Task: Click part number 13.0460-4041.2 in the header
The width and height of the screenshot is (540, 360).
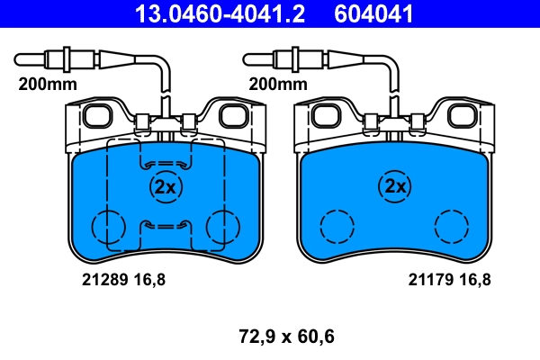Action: click(x=220, y=13)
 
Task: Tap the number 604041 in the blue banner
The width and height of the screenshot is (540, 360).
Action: click(x=373, y=13)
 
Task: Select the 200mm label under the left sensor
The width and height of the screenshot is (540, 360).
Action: click(x=48, y=84)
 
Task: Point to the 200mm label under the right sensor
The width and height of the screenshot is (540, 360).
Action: click(x=278, y=84)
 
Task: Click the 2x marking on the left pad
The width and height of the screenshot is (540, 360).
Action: click(x=166, y=187)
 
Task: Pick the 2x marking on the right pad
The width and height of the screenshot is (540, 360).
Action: click(x=395, y=186)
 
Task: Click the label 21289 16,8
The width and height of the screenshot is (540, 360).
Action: click(x=123, y=279)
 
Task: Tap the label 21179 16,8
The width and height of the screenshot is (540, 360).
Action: click(x=449, y=279)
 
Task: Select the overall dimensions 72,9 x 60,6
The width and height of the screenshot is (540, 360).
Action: click(x=286, y=337)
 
